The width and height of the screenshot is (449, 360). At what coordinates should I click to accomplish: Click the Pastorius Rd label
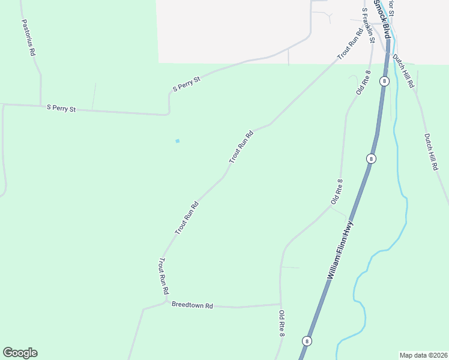point(28,37)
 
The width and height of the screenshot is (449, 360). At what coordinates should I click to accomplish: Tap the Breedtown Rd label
point(192,305)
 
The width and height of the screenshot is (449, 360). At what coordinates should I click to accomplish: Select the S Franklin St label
point(368,25)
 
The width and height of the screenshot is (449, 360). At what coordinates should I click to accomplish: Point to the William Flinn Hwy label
point(340,251)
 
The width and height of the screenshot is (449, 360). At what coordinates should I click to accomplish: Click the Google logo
point(20,353)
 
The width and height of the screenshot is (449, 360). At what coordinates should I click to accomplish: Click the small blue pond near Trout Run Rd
point(177,141)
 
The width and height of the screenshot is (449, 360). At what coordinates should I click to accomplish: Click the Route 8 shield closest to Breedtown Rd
point(307,341)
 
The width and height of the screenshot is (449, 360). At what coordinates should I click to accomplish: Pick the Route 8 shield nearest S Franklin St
point(384,80)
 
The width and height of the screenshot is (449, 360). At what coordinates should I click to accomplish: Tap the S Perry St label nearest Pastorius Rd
point(61,109)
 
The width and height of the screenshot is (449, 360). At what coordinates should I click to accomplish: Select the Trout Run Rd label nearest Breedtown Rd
point(163,276)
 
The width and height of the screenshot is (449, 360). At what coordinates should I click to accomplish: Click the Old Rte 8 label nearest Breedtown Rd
point(281,322)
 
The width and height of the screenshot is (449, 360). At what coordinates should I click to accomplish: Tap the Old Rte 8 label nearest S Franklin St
point(363,82)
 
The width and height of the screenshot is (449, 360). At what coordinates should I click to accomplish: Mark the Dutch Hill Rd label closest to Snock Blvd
point(403,72)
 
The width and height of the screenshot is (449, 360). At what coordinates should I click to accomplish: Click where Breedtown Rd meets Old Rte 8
point(280,304)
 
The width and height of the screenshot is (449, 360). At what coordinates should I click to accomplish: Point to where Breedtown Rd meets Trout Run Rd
point(166,302)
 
